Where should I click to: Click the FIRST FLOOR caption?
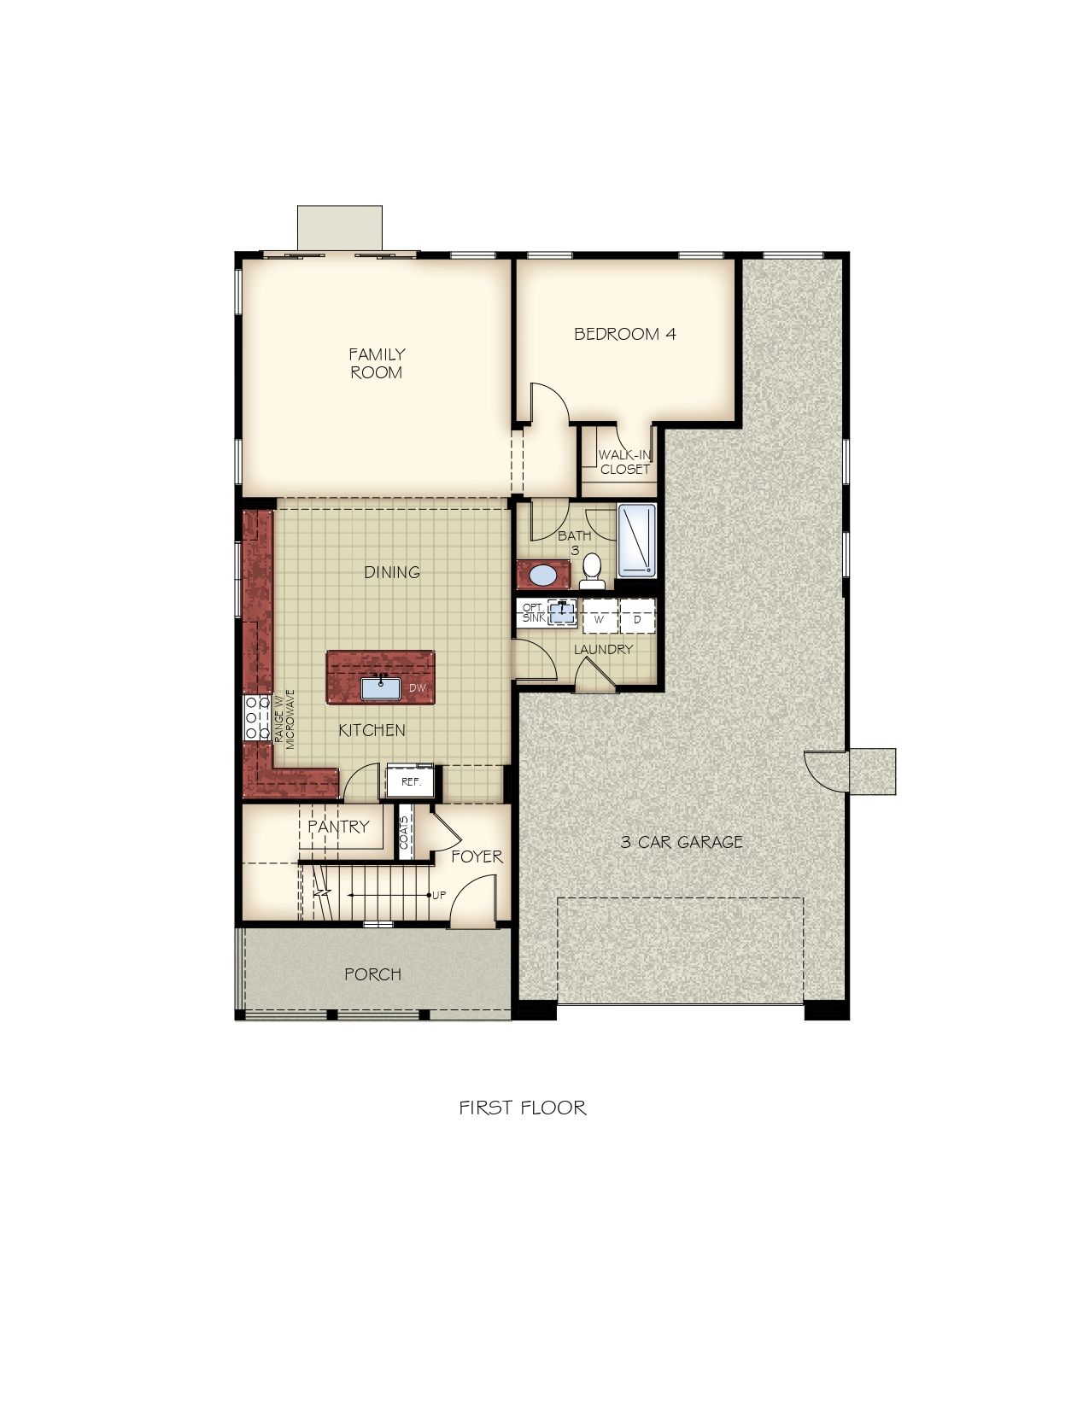point(522,1108)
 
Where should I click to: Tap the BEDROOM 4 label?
point(624,334)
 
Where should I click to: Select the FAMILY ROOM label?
point(376,363)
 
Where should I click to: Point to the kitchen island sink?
point(380,688)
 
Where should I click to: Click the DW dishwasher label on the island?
point(417,687)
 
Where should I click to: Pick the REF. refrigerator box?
point(410,781)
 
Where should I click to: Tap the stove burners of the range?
point(256,718)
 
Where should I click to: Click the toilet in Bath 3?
point(592,571)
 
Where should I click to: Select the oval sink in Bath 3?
point(542,575)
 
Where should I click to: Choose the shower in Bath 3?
point(636,541)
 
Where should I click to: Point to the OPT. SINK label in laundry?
point(534,613)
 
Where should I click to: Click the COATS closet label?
point(405,833)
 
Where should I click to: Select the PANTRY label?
point(338,827)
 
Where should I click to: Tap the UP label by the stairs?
point(439,896)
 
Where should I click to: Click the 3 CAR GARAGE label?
point(681,842)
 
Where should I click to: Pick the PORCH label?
point(372,974)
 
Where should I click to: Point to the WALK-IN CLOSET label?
point(624,462)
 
